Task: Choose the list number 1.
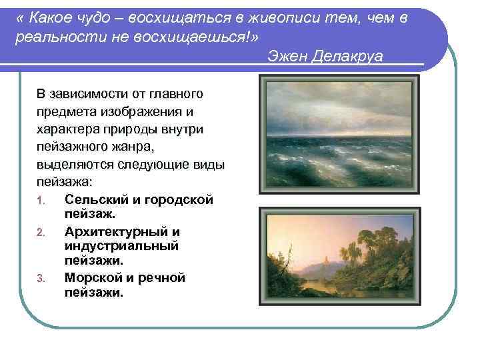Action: coord(41,201)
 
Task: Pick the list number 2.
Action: coord(41,232)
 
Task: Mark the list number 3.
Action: coord(41,279)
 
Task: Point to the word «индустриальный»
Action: coord(122,246)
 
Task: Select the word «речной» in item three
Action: coord(162,277)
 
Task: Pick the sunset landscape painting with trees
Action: coord(339,256)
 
